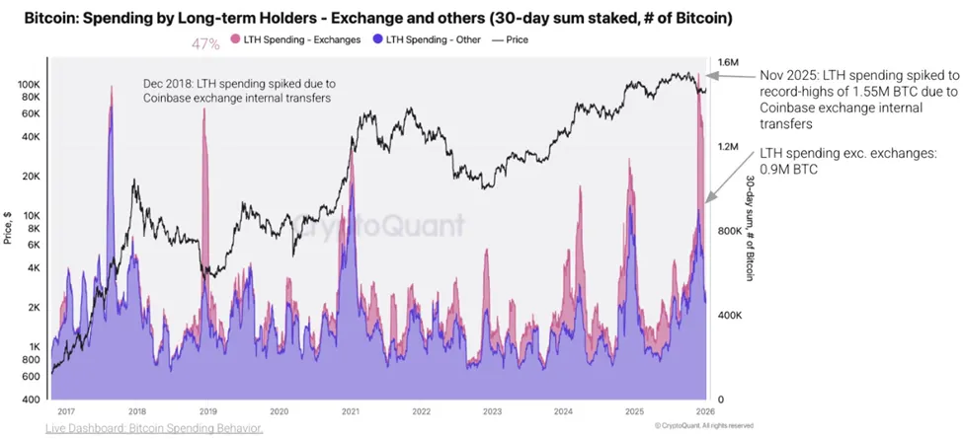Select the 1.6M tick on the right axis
click(729, 64)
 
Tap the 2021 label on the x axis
click(350, 410)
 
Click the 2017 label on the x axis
click(67, 410)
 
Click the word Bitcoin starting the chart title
click(49, 18)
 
